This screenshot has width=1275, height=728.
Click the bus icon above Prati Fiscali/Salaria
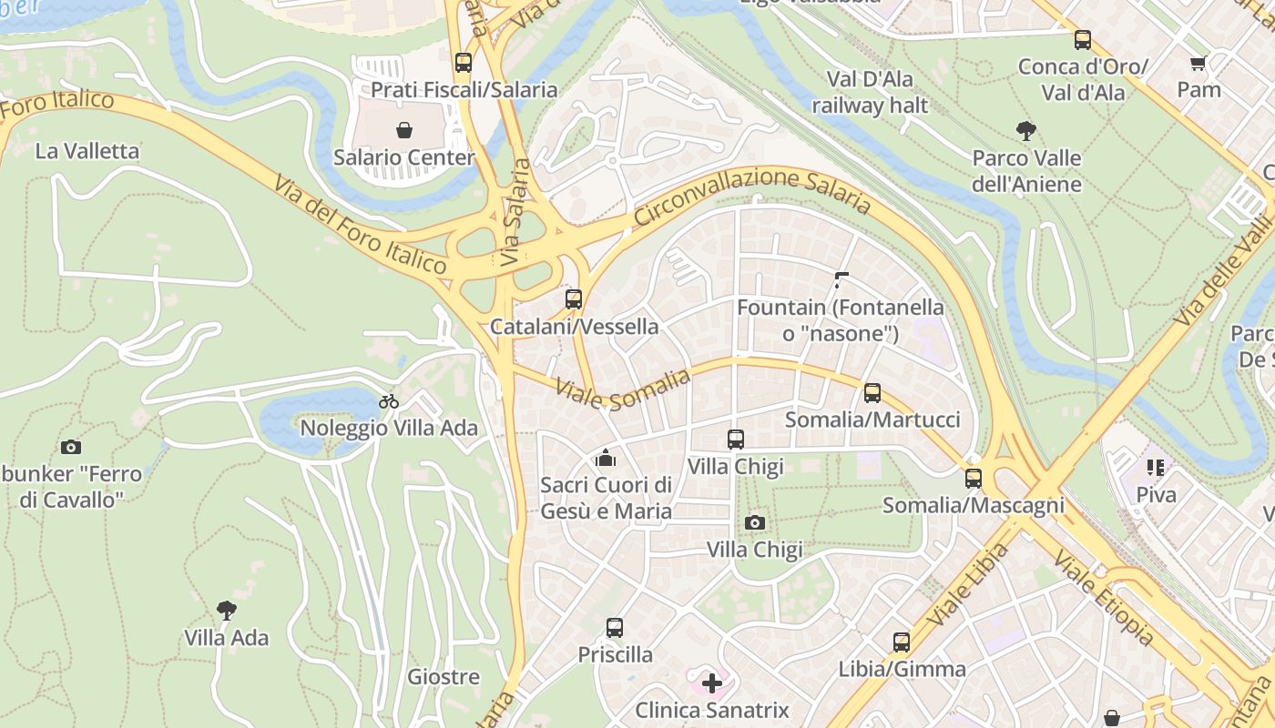(464, 63)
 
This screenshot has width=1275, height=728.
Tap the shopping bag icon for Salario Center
(404, 130)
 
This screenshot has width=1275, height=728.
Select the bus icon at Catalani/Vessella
(574, 299)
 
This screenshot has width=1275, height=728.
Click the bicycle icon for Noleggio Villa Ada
(389, 401)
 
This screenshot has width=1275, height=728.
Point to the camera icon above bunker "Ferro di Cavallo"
(71, 447)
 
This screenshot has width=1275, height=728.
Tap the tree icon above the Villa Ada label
(227, 611)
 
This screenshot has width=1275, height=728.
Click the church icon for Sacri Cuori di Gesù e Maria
(606, 457)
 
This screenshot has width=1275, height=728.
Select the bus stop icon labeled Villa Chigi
(736, 440)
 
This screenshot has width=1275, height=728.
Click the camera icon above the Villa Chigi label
(755, 522)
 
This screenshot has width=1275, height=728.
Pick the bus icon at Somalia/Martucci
(872, 393)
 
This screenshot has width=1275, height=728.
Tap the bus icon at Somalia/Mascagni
(974, 478)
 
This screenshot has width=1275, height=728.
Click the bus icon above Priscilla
(615, 628)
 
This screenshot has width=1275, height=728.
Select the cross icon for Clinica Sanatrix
(712, 682)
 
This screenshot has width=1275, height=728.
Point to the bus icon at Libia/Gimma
(902, 642)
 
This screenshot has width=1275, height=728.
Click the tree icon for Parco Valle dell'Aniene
(1026, 131)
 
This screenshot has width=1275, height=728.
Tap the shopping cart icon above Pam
(1198, 64)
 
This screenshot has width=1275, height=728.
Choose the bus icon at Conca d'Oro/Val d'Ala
(1083, 40)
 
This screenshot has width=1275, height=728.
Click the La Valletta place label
(87, 151)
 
